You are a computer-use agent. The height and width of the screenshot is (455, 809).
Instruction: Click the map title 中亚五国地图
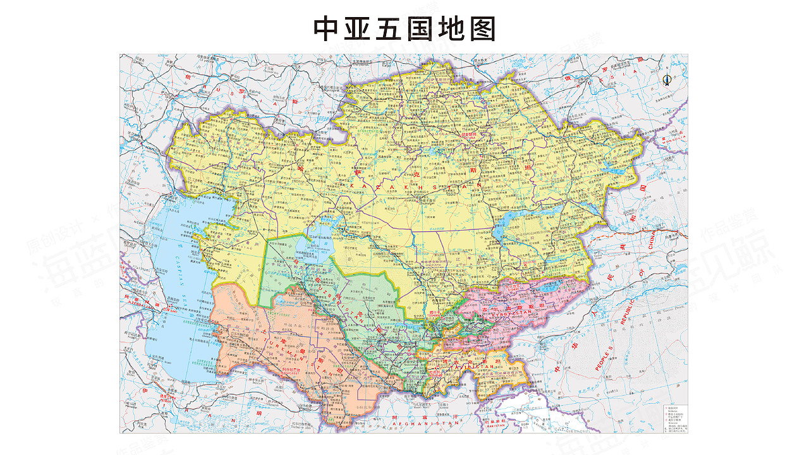404,29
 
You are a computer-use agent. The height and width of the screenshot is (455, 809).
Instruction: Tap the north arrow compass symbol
666,80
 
